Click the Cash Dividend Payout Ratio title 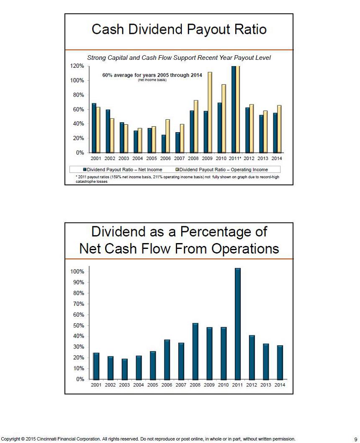click(x=179, y=30)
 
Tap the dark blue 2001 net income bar click(x=94, y=128)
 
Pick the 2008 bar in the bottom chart click(x=195, y=351)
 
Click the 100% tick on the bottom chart click(x=77, y=271)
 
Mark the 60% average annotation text click(x=152, y=75)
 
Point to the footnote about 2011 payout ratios click(x=176, y=179)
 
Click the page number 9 click(x=355, y=439)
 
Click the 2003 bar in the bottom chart click(x=124, y=369)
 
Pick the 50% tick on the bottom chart click(x=78, y=325)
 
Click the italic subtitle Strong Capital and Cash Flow click(x=179, y=58)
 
